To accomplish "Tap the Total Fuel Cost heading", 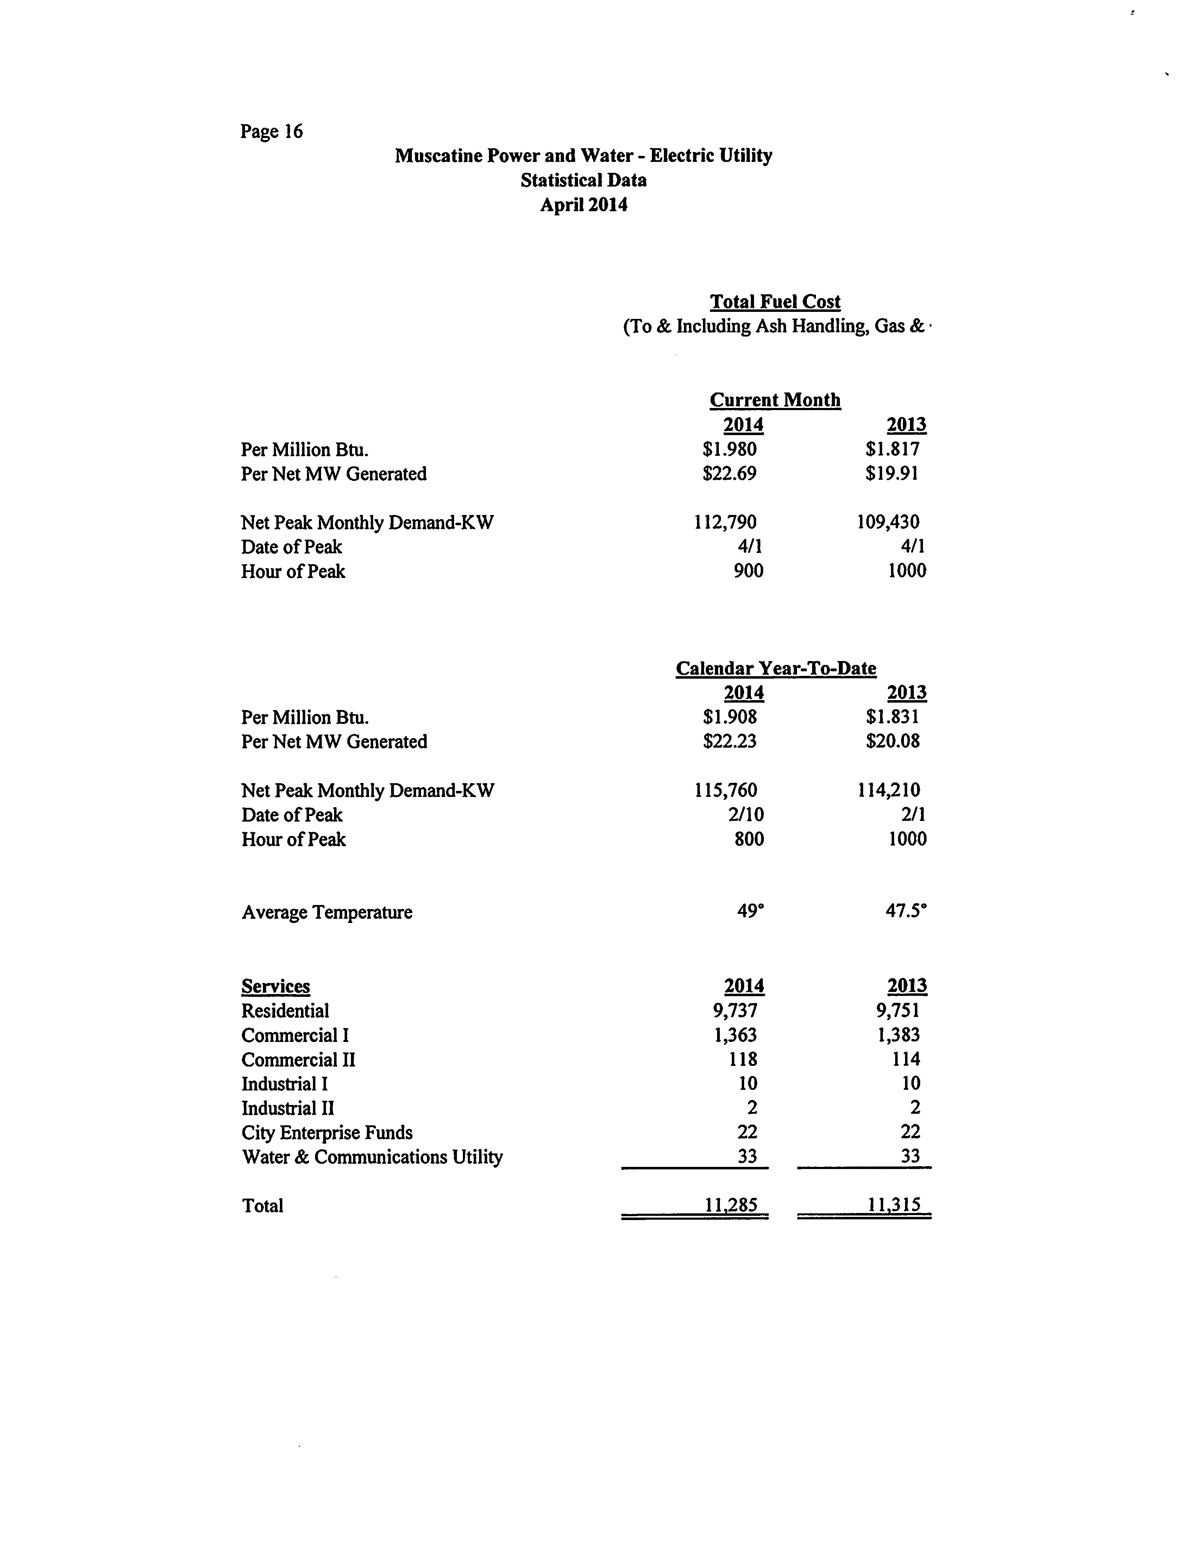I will (775, 302).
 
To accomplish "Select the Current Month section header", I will (775, 400).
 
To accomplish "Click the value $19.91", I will (892, 473).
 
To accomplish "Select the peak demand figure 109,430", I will (888, 522).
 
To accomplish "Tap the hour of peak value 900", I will (748, 571).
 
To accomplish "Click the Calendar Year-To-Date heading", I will (776, 668).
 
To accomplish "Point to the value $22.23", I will (730, 741).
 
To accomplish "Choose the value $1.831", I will (892, 717).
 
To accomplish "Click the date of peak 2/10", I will (746, 815).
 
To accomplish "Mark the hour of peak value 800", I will (749, 840).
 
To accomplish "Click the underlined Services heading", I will (276, 986).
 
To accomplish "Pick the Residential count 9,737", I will (735, 1011).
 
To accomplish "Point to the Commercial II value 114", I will (906, 1059).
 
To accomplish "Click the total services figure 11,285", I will (731, 1205).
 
